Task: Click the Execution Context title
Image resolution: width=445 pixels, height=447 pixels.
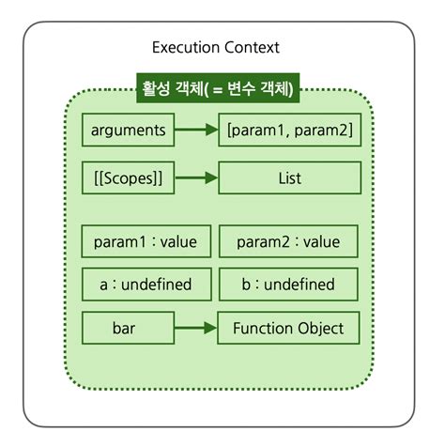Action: (x=215, y=47)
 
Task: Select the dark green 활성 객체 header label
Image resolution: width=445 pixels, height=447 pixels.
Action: (x=218, y=90)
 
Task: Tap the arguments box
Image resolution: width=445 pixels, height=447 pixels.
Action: (x=129, y=131)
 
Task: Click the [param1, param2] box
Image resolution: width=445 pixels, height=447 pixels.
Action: (x=289, y=131)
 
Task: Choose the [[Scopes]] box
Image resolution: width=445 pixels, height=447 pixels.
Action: (x=129, y=177)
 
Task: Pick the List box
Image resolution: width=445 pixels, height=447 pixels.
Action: (x=289, y=177)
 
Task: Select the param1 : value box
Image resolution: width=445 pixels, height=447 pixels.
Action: (x=145, y=241)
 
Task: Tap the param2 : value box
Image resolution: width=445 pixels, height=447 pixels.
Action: (x=288, y=241)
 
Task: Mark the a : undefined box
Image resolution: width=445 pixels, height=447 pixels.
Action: (x=145, y=285)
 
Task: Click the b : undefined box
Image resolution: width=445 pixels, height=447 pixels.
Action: (x=288, y=285)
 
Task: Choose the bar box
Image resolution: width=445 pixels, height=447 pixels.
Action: (x=129, y=329)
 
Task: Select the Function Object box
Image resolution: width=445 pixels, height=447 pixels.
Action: (x=288, y=329)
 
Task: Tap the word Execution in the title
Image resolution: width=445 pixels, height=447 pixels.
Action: (x=184, y=47)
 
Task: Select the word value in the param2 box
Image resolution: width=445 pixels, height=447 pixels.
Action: (x=320, y=241)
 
